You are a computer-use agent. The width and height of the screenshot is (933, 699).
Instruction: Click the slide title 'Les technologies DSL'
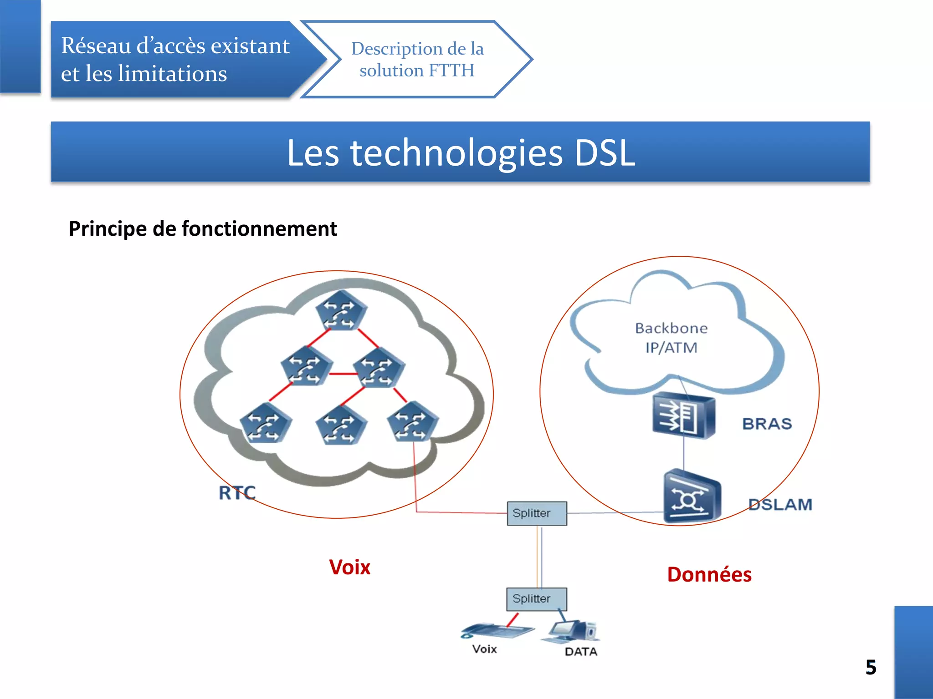[461, 153]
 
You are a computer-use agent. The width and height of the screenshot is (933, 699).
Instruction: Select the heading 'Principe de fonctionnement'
[203, 228]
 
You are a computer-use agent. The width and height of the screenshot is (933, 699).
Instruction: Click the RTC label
[237, 493]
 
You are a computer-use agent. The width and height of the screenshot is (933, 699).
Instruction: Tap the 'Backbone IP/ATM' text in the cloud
[671, 338]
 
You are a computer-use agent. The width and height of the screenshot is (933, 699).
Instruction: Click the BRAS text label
[767, 424]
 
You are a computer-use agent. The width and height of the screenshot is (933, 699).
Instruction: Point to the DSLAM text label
[780, 505]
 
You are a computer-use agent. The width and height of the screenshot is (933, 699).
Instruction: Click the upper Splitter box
[537, 513]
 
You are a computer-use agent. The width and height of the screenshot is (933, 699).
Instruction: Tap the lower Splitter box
[537, 599]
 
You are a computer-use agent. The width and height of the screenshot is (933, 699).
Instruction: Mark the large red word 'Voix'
[349, 567]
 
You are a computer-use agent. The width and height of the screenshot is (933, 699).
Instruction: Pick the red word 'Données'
[709, 575]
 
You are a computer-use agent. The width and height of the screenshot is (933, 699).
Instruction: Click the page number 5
[871, 668]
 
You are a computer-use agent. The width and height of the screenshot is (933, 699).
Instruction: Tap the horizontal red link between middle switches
[343, 374]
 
